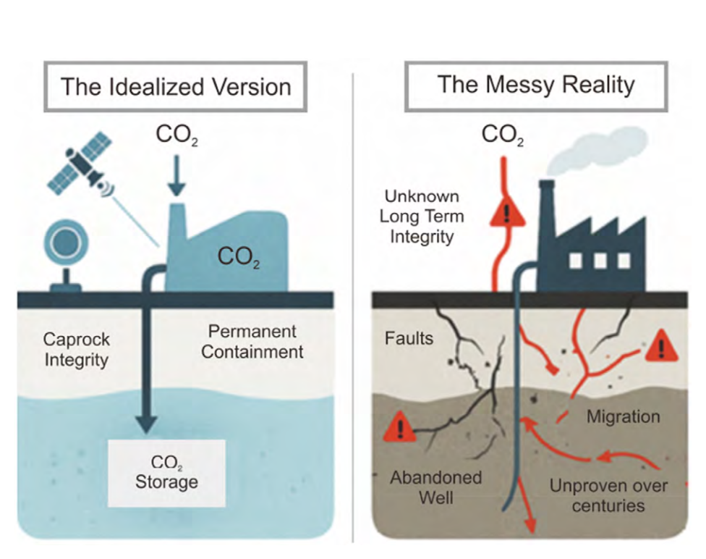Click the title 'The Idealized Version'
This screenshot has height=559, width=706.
coord(176,87)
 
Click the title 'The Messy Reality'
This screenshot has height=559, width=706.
coord(536,85)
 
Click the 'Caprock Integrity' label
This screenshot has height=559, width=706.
coord(76,349)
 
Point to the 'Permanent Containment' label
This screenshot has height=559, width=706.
coord(252,342)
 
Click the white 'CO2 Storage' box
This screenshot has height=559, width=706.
coord(166,473)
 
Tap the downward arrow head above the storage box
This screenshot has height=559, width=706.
coord(146,424)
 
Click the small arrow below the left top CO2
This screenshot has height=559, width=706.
coord(176,175)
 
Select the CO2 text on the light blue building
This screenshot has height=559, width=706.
coord(239,257)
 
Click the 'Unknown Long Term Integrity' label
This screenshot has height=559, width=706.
coord(422,217)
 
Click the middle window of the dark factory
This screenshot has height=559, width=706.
coord(600,261)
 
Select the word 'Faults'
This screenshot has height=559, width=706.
coord(409,338)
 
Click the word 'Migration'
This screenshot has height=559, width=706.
coord(623,416)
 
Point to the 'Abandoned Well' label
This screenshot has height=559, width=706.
coord(436,487)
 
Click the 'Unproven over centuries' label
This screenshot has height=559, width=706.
coord(608,495)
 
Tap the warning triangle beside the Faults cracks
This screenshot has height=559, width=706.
coord(400,426)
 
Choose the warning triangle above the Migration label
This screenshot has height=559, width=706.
coord(661,346)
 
